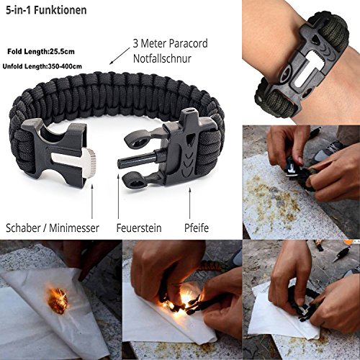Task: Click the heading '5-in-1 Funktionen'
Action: coord(46,11)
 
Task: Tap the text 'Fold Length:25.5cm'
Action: coord(41,52)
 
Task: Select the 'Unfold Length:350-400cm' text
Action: coord(42,66)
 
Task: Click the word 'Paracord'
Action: coord(188,44)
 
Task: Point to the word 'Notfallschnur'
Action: coord(162,58)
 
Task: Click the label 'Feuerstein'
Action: coord(139,228)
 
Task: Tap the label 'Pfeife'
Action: coord(197,228)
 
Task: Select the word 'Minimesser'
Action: coord(74,228)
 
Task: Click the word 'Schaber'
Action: coord(23,228)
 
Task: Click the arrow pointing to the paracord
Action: coord(120,56)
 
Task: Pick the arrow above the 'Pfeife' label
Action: coord(189,203)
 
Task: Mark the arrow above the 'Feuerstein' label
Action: coord(118,196)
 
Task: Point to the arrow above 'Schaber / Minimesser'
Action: coord(92,201)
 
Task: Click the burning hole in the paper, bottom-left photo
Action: coord(58,301)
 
